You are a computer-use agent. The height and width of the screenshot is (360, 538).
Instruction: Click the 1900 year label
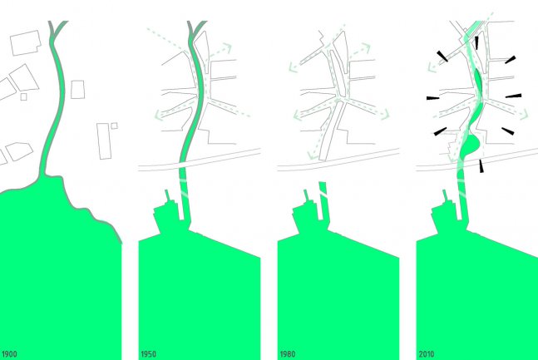click(x=9, y=354)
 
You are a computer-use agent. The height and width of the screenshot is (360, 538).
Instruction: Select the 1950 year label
click(x=148, y=354)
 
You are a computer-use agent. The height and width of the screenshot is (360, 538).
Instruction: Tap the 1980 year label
click(x=288, y=354)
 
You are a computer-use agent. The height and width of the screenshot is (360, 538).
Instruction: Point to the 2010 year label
click(x=427, y=354)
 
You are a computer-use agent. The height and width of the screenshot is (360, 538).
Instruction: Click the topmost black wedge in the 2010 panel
click(x=476, y=43)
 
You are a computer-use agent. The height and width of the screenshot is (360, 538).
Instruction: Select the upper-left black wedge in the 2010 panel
click(x=442, y=57)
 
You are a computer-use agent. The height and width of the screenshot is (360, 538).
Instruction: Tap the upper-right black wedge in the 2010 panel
click(x=511, y=60)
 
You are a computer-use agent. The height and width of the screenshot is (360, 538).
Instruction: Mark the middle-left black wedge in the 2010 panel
click(x=433, y=98)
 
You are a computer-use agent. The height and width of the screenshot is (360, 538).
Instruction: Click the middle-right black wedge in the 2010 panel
click(x=513, y=96)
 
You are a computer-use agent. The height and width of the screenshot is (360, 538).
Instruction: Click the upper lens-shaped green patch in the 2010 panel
click(x=479, y=81)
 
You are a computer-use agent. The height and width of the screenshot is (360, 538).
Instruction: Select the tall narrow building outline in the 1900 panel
click(x=104, y=141)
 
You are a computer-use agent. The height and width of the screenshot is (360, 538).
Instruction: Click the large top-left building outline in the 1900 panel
click(x=26, y=43)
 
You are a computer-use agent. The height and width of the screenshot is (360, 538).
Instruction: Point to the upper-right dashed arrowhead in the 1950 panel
click(x=227, y=47)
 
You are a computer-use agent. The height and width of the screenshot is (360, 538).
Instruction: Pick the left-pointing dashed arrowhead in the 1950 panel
click(x=159, y=115)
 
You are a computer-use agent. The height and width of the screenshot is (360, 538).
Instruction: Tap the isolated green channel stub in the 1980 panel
click(x=323, y=200)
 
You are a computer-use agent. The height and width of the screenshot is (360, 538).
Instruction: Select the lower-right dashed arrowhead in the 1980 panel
click(x=385, y=114)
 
